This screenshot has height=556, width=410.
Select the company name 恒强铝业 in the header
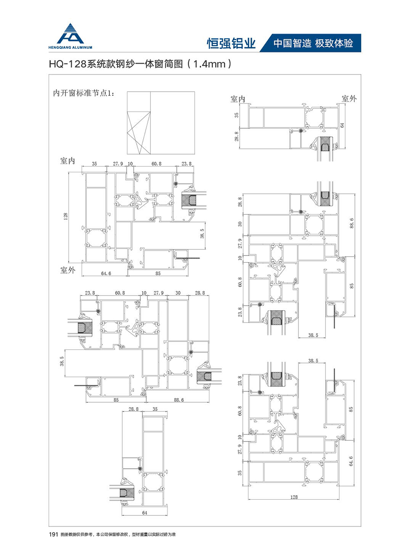click(231, 43)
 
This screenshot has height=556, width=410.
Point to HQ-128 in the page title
click(71, 64)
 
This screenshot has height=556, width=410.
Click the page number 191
click(53, 534)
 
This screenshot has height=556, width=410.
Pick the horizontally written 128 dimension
click(294, 497)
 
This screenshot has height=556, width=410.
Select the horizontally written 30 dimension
click(178, 293)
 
